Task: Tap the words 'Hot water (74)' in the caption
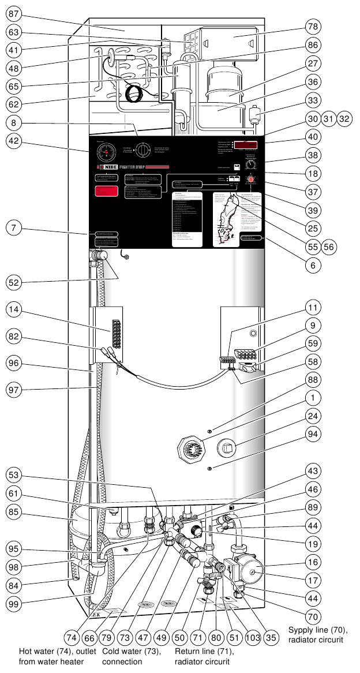click(40, 651)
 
